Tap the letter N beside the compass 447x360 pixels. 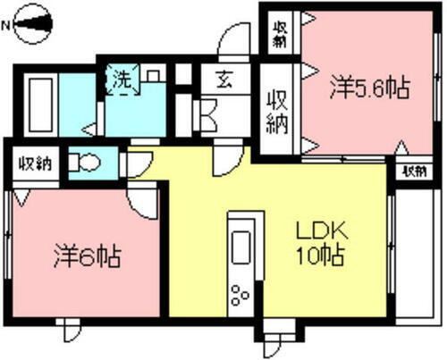click(7, 26)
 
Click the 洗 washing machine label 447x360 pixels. click(120, 79)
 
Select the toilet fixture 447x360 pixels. click(87, 163)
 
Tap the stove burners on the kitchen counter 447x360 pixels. click(240, 292)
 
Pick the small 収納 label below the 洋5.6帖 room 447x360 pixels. click(413, 170)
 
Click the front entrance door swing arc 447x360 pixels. click(231, 40)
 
